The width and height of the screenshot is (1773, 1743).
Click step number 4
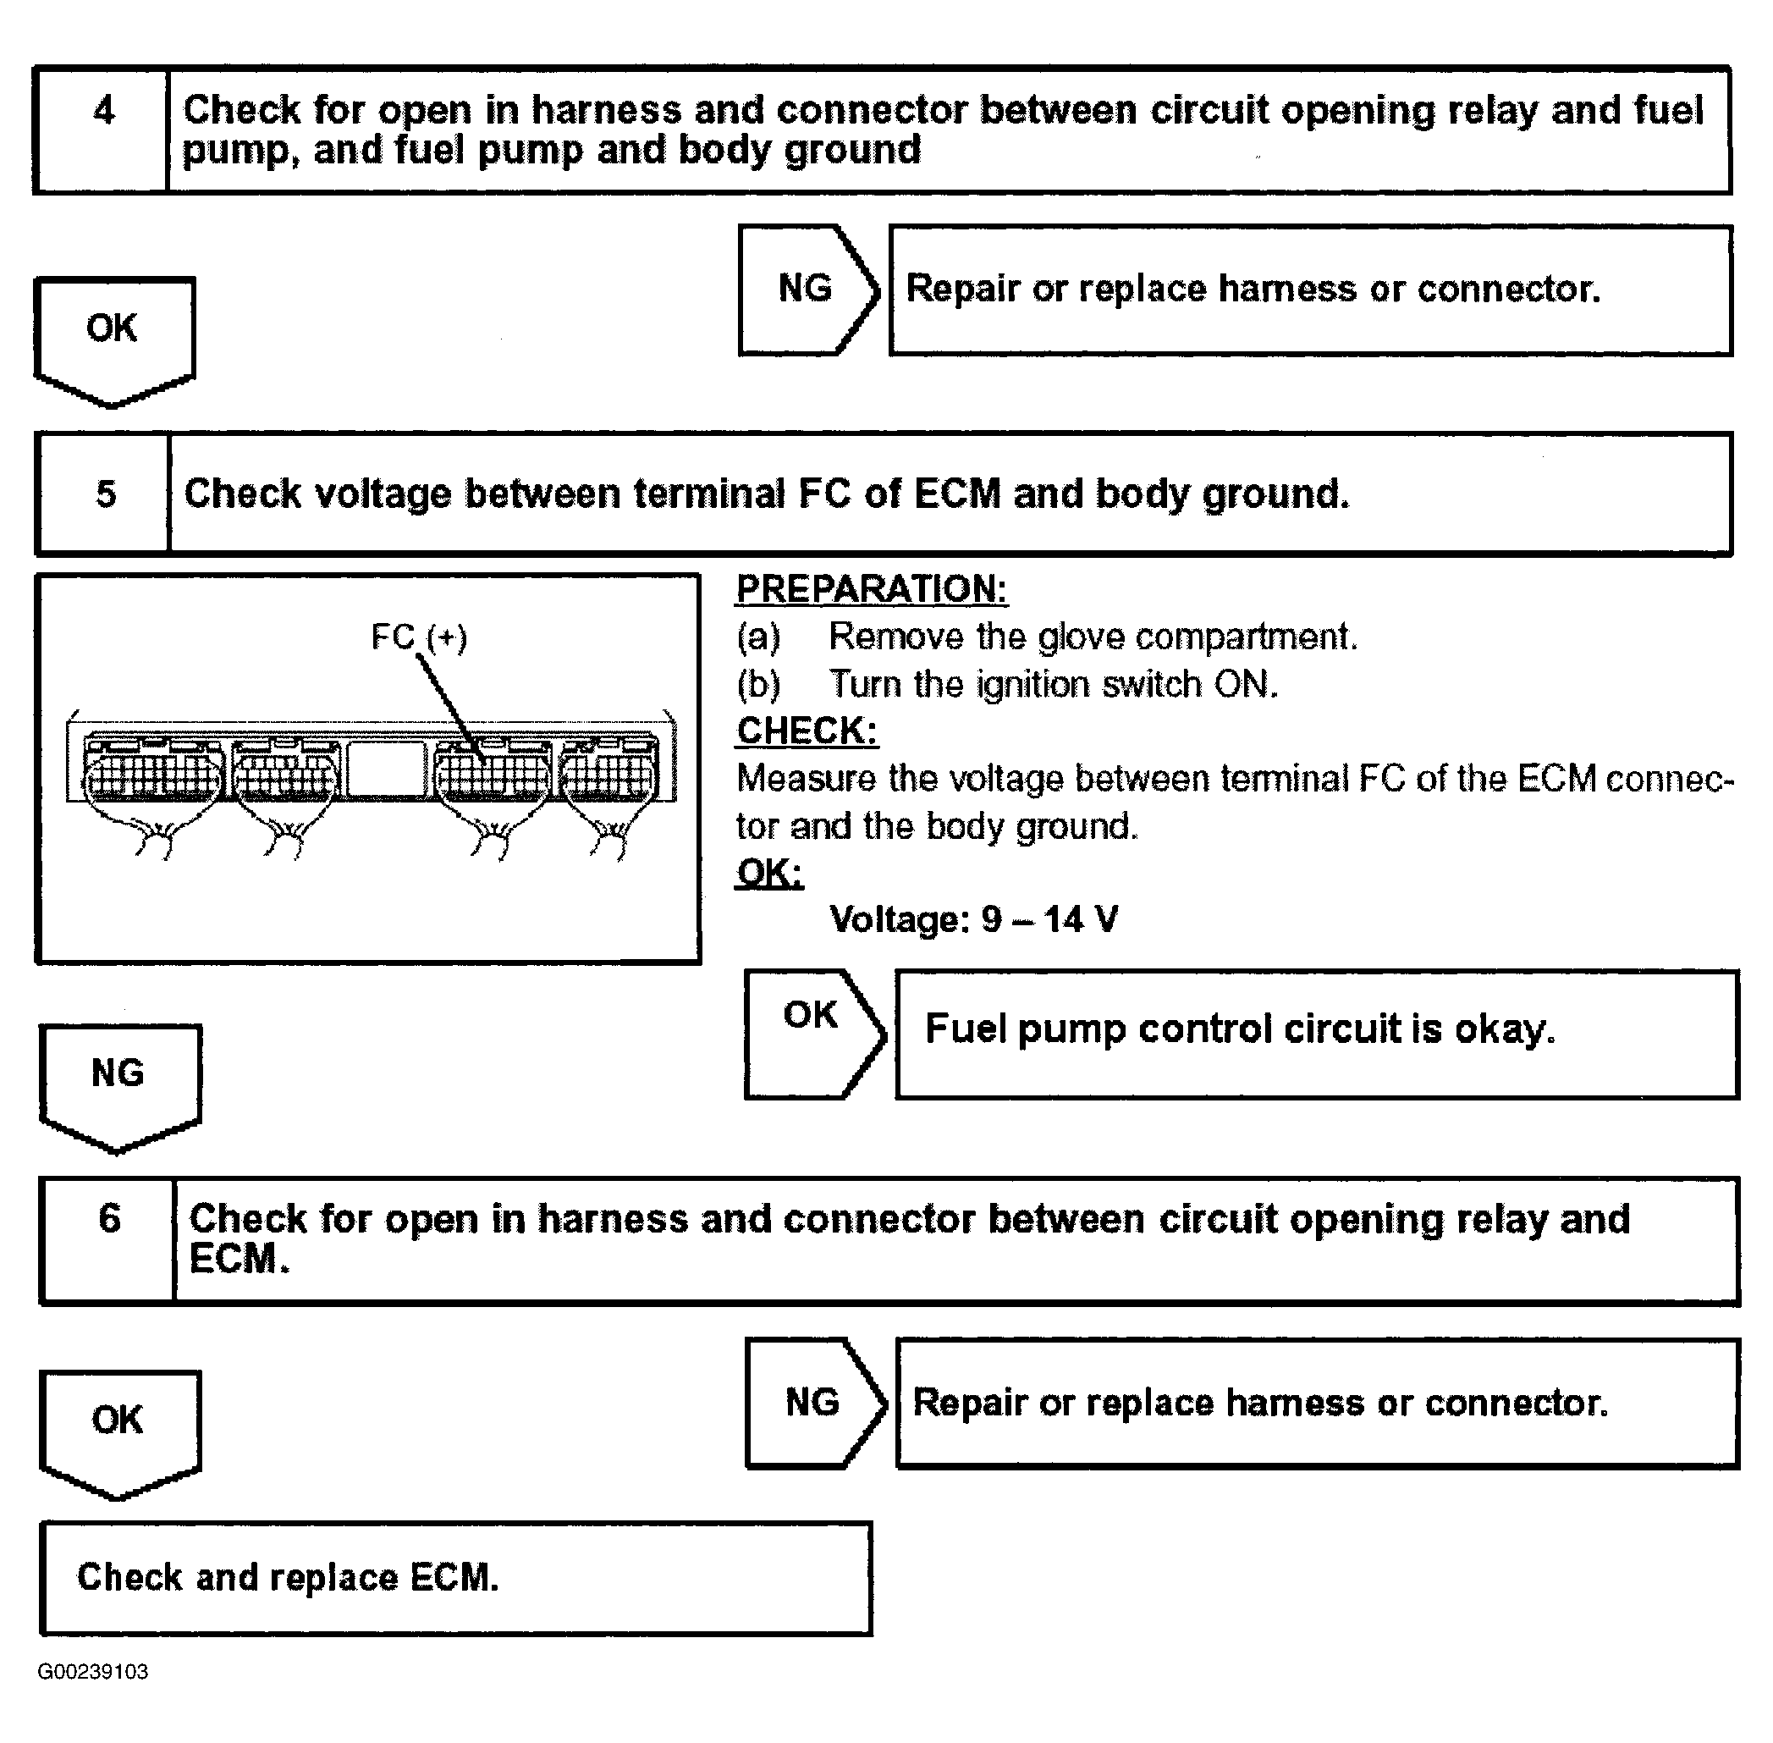(103, 111)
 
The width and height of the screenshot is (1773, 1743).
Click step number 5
(105, 494)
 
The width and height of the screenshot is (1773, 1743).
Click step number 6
(109, 1218)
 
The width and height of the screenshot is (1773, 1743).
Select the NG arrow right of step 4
(807, 290)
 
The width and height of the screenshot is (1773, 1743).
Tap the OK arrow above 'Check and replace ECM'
(119, 1427)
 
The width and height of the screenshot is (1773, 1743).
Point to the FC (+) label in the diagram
(419, 637)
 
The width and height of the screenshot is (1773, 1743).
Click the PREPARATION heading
(872, 589)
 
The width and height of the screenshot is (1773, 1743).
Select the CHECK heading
(807, 731)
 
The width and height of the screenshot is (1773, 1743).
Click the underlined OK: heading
(770, 874)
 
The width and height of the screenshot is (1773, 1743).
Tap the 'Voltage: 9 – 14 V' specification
(973, 920)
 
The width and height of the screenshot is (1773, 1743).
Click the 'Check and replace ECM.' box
(455, 1577)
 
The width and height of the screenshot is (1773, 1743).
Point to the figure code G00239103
(92, 1672)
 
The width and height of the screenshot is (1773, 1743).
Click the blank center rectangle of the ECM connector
(386, 769)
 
